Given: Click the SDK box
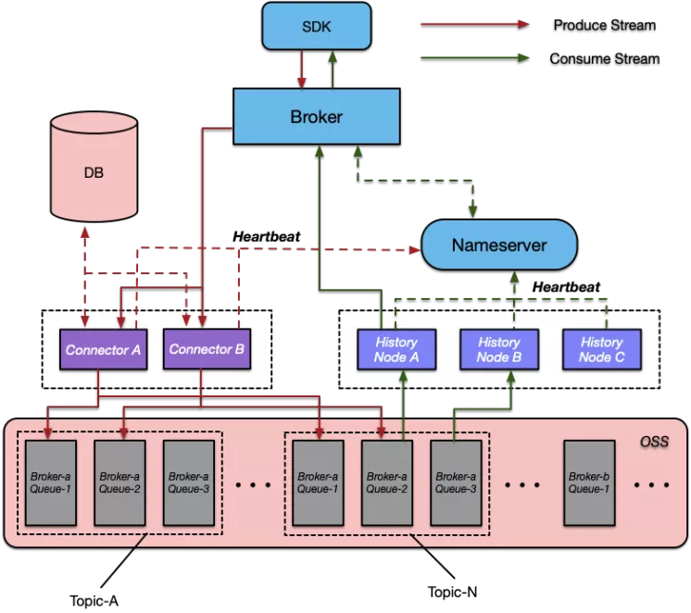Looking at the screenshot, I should click(x=316, y=26).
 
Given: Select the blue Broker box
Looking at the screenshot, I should click(x=316, y=117).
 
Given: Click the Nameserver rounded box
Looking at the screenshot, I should click(x=499, y=245).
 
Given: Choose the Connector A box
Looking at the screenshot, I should click(x=103, y=350).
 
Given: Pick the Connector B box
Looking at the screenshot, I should click(x=207, y=350).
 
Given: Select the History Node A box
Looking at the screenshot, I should click(x=396, y=349).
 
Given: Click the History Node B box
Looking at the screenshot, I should click(x=498, y=349).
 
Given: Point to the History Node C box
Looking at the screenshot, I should click(x=601, y=349).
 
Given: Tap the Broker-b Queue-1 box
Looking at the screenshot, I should click(x=589, y=482).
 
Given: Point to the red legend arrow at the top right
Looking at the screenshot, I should click(x=474, y=24).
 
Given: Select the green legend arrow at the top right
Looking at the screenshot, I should click(x=474, y=57).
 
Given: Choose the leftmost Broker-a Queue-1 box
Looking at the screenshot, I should click(x=50, y=482).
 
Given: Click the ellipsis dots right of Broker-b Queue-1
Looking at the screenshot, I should click(x=652, y=484).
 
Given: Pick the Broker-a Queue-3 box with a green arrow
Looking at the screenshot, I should click(x=456, y=482).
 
